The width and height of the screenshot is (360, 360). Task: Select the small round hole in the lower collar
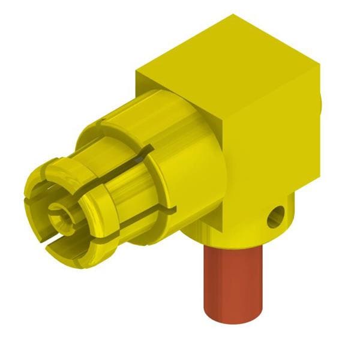point(276,217)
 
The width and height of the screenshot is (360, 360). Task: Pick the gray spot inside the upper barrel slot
point(139,160)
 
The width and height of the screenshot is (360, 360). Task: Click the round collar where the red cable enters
point(240,231)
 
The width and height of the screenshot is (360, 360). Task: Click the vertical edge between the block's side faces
point(228,150)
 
